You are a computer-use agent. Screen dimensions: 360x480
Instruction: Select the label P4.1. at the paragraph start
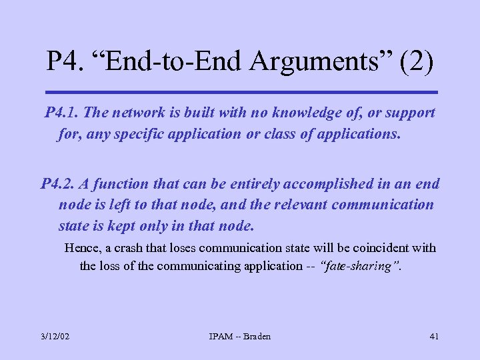pos(63,113)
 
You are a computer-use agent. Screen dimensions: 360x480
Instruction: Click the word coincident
pos(377,248)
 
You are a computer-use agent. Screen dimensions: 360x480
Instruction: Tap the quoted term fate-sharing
pos(361,266)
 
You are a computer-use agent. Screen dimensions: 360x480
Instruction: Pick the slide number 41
pos(433,336)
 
